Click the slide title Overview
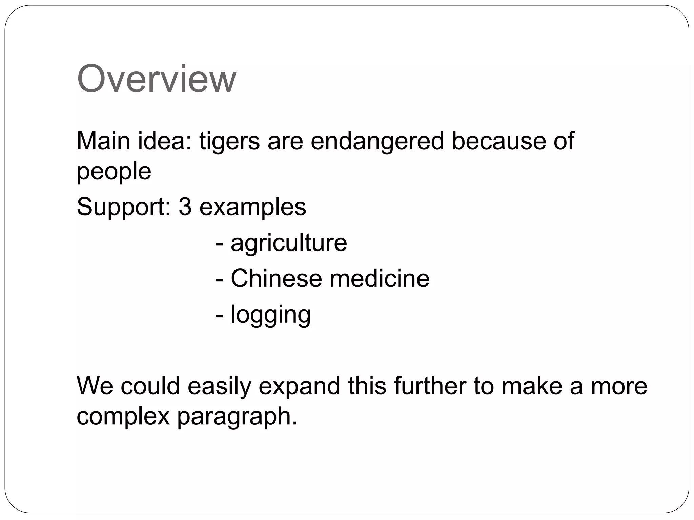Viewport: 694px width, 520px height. [156, 79]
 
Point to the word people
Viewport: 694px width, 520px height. [114, 172]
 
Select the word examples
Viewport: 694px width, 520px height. [253, 207]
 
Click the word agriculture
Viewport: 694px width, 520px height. [289, 243]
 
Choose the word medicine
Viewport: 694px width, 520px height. [380, 278]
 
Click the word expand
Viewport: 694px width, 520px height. [299, 387]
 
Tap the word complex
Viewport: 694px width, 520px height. [123, 416]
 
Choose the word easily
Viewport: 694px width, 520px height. [219, 387]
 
